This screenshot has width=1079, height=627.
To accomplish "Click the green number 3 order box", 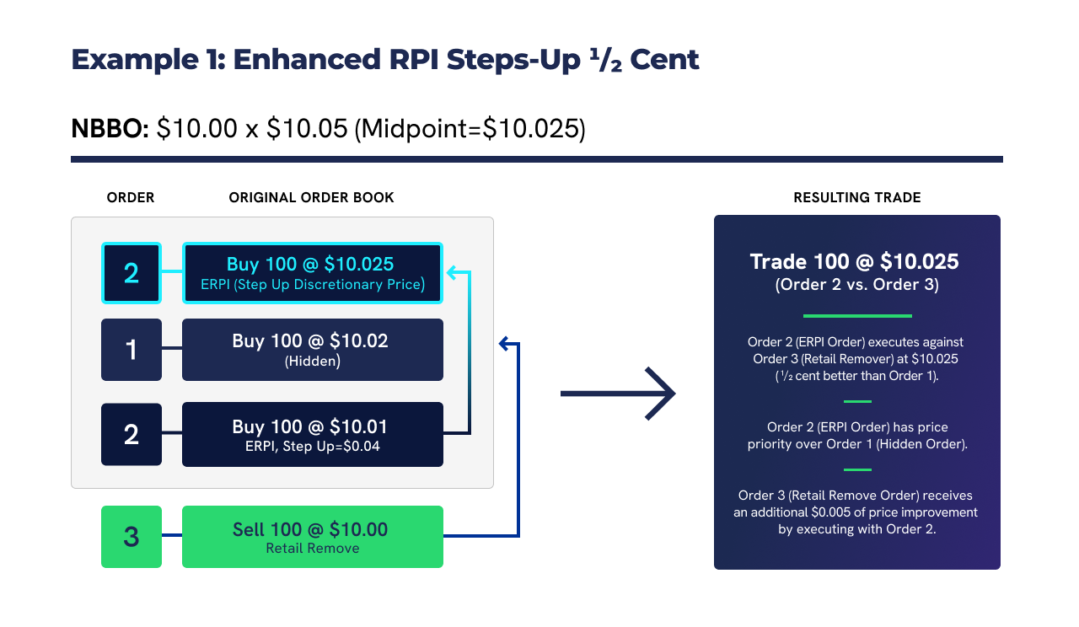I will point(132,537).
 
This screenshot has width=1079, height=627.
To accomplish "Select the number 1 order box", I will point(132,350).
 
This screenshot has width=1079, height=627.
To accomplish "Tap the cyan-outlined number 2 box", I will point(132,273).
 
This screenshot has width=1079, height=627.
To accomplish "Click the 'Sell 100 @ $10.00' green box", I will point(313,537).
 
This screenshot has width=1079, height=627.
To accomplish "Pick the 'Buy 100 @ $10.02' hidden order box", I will point(313,350).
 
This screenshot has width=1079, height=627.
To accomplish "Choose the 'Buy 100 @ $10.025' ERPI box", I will point(313,273).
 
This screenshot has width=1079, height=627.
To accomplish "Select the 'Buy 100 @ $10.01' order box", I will point(313,434).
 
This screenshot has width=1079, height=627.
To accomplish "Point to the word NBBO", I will point(110,129).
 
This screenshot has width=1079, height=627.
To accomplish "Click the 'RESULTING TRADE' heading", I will point(856,197).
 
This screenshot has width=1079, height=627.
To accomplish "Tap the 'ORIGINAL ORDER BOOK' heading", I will point(311,197).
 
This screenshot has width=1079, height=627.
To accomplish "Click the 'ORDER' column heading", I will point(131,197).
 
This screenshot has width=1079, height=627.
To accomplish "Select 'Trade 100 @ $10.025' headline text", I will point(855,261).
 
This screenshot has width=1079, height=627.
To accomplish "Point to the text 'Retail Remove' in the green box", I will point(313,549).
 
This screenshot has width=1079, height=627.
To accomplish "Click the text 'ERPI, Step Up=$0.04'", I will point(313,447).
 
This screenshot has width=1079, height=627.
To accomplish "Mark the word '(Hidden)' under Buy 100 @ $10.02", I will point(313,361).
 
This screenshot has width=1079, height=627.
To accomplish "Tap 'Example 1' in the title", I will point(144,60).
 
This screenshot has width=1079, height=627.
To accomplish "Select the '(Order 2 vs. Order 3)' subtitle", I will point(856,285).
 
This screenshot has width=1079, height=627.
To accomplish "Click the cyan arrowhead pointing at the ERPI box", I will point(452,273).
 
